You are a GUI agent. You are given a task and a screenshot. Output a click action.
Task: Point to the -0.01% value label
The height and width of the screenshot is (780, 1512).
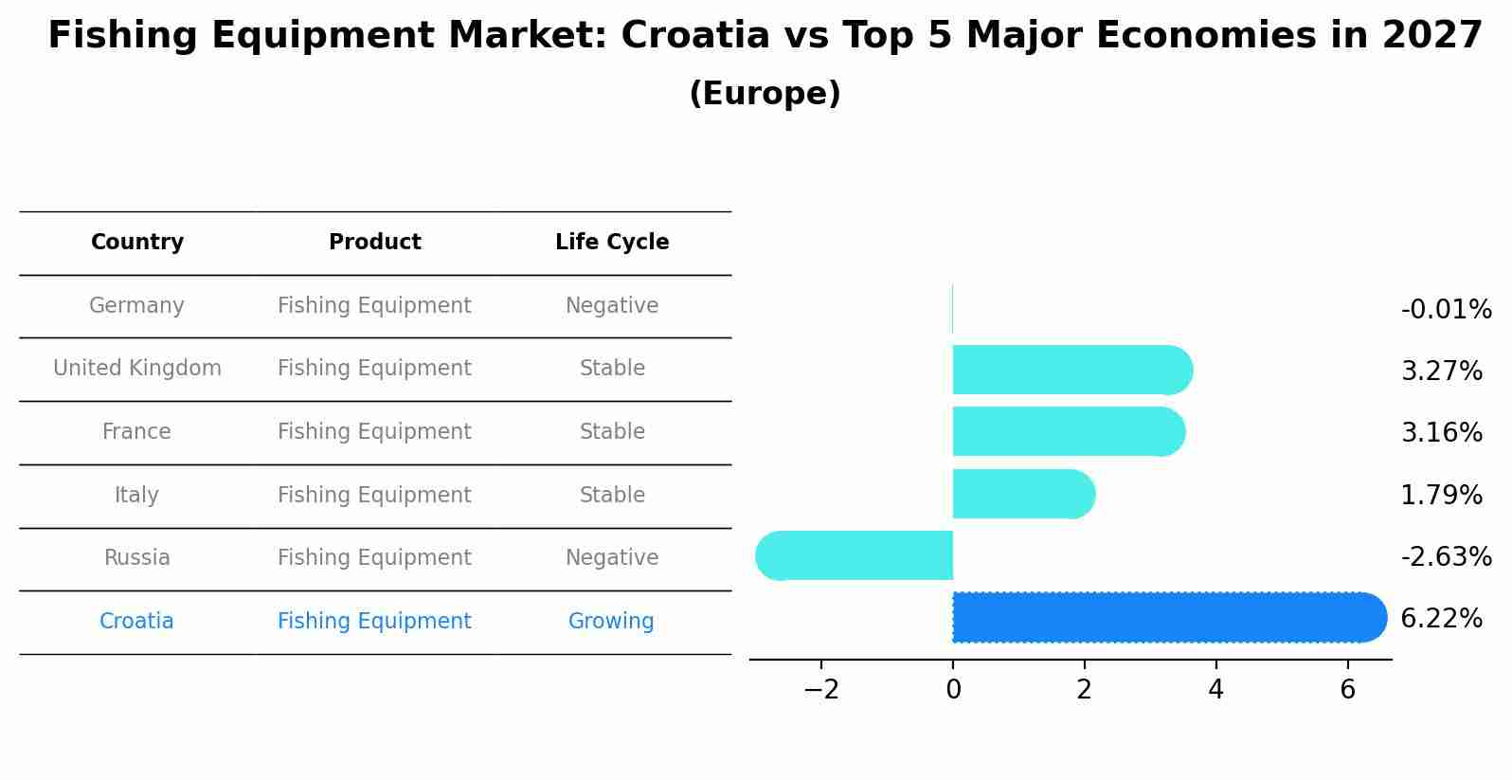point(1446,310)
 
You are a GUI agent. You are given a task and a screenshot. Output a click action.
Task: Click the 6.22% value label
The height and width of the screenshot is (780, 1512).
point(1441,619)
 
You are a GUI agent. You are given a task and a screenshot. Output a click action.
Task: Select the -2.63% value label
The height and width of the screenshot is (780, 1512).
point(1446,556)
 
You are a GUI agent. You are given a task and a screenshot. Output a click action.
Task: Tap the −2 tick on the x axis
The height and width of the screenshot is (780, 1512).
point(821,690)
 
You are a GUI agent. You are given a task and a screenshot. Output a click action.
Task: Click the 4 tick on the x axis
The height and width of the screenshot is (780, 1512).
point(1215,690)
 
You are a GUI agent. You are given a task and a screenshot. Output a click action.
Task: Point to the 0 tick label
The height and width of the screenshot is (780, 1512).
point(953,690)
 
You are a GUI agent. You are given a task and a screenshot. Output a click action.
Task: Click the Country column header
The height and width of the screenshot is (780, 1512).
point(137,243)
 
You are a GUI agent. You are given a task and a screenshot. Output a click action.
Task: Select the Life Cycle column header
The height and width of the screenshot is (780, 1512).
point(612,243)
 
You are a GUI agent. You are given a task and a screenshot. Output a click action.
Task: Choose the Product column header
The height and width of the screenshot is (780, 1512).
point(375,243)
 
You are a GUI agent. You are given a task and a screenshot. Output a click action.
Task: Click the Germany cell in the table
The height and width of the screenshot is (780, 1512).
point(136,306)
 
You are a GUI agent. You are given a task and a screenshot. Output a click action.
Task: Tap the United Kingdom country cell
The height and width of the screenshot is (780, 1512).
point(137,369)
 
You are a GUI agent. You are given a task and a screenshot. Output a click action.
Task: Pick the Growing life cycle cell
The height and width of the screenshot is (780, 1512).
point(611,622)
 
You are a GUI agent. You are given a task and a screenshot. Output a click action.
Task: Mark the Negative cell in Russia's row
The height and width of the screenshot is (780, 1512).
point(612,558)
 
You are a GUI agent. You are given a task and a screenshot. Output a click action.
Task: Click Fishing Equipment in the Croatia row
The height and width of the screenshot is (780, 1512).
point(374,622)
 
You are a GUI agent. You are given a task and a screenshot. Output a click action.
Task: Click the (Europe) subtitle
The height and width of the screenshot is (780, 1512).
point(765,94)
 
